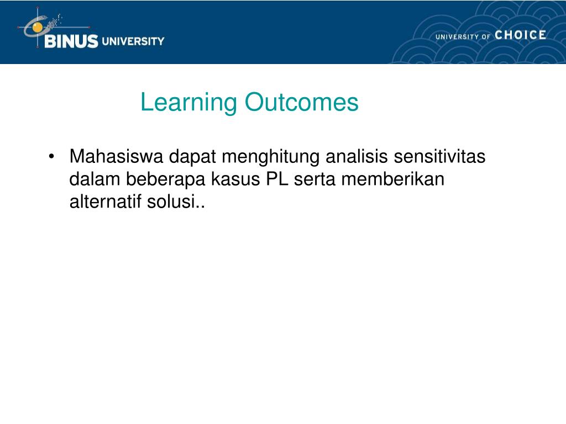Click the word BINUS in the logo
71,41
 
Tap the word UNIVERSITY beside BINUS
133,41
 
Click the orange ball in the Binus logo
37,27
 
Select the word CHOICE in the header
520,35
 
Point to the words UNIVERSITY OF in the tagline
463,36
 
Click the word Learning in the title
188,103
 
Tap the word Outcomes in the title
301,102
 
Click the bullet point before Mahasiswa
51,157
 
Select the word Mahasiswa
116,156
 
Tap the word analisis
357,156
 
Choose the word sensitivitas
439,156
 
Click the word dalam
95,179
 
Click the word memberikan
393,179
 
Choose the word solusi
171,201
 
